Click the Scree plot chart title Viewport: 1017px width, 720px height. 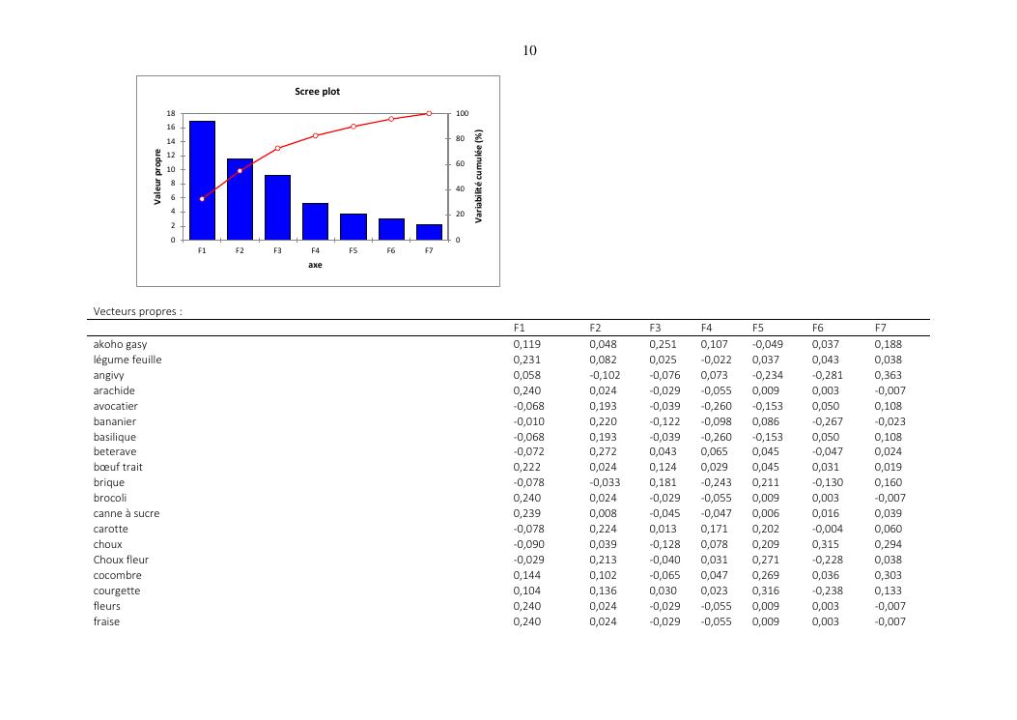(317, 92)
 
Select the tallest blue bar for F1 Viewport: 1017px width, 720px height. (202, 180)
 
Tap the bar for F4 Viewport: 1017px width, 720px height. (315, 221)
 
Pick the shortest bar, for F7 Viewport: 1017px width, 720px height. (429, 232)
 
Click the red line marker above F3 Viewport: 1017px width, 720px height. (277, 149)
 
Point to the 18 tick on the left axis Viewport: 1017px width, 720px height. (171, 114)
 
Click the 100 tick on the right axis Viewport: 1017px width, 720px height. (463, 114)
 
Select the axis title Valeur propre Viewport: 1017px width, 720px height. (156, 177)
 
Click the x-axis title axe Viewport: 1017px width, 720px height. (315, 265)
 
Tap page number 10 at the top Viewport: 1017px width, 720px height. (529, 51)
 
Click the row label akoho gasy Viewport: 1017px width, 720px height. (120, 344)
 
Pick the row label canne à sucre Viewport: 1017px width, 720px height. (127, 513)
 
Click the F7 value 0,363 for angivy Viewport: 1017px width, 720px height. (888, 375)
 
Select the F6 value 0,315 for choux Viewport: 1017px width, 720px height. (826, 544)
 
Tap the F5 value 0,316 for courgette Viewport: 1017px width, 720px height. (765, 590)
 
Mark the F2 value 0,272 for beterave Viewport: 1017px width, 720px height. (603, 451)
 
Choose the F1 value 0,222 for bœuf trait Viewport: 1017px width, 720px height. (526, 467)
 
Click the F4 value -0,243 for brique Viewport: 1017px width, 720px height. (715, 482)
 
